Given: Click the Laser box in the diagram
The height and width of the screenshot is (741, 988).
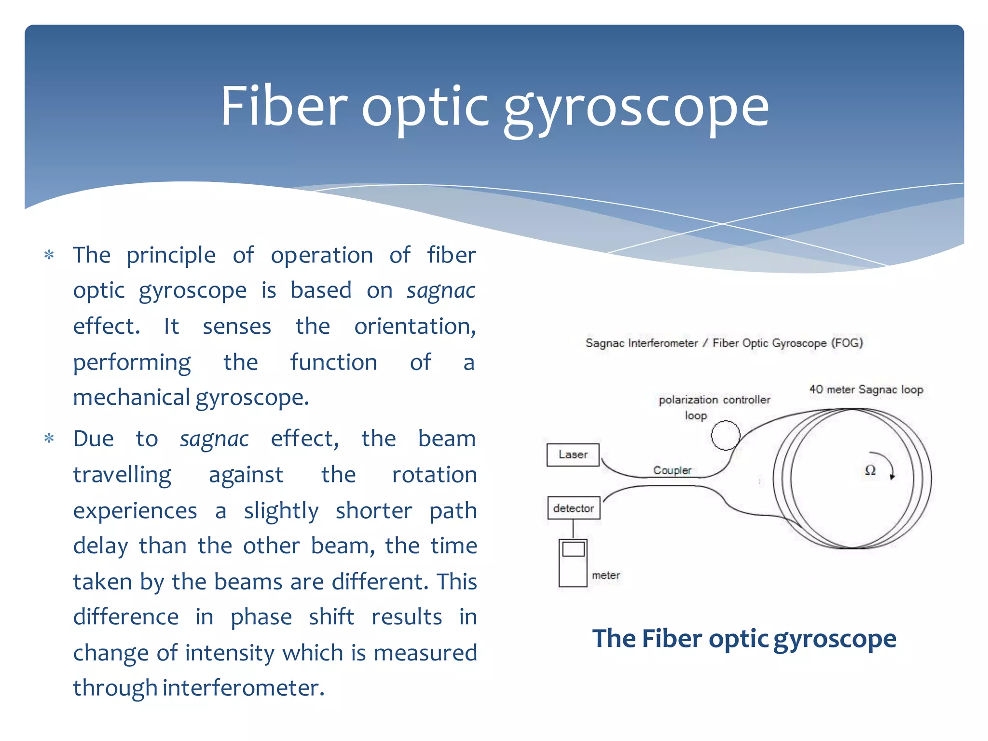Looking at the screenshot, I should (x=573, y=455).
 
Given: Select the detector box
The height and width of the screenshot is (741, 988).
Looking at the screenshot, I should (x=574, y=508).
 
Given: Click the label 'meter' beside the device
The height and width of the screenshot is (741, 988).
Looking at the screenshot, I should (x=605, y=575).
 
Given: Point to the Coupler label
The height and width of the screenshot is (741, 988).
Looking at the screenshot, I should (x=672, y=470).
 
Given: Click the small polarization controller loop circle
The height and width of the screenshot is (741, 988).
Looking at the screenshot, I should (x=725, y=435).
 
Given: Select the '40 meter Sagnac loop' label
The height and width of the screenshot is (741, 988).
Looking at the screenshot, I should (x=866, y=389).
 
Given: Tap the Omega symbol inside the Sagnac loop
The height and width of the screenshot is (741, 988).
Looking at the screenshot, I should (x=870, y=470).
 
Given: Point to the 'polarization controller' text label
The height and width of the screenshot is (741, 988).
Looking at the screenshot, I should (x=714, y=399).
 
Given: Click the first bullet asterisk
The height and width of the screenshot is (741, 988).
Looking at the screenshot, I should (x=49, y=255).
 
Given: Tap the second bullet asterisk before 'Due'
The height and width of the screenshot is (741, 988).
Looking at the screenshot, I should (x=49, y=439).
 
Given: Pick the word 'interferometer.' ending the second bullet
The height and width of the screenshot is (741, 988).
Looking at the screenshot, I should (x=243, y=687).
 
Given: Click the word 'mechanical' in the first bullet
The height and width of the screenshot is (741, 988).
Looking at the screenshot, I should (x=131, y=398).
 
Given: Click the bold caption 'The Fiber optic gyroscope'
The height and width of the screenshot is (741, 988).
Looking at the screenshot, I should (x=744, y=638).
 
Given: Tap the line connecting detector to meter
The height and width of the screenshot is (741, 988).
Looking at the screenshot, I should (x=573, y=529).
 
